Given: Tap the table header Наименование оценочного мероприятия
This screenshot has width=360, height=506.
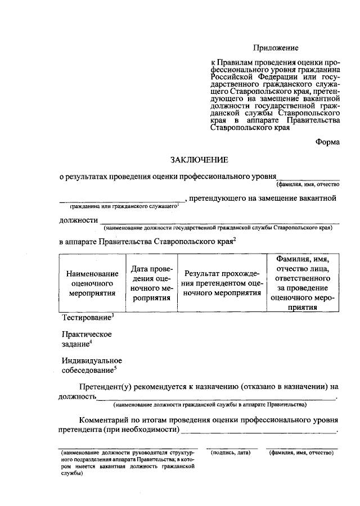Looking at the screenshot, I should [92, 283].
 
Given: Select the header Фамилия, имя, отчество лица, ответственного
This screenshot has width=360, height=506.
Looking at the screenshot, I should [302, 283].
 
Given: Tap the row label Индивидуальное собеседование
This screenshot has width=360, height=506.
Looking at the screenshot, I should [91, 365].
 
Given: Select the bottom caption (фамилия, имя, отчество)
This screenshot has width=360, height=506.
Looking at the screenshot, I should [301, 453].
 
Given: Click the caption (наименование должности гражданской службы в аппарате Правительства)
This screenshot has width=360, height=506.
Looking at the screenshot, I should [209, 405].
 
